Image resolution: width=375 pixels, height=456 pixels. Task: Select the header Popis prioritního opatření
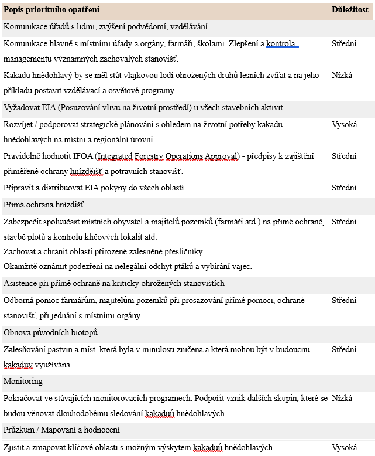point(51,10)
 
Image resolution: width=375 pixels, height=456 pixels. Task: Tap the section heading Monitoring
point(23,381)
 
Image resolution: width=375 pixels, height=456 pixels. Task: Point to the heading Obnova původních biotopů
point(50,332)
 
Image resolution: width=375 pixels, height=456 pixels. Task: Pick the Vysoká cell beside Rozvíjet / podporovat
point(344,124)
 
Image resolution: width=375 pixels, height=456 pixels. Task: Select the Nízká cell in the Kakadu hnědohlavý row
point(342,76)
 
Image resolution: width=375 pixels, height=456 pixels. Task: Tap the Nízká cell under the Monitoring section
point(342,397)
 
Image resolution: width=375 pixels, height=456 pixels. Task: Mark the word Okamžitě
point(22,266)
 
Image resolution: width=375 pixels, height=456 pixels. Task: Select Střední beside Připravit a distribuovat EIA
point(344,188)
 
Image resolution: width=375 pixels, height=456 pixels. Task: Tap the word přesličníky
point(183,251)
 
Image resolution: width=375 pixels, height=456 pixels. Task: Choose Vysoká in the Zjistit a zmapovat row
point(344,447)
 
